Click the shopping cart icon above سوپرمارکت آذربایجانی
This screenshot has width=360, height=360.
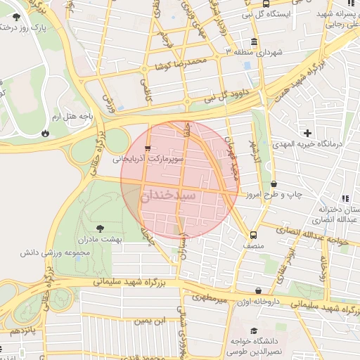click(147, 148)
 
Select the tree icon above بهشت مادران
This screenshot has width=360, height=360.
click(99, 227)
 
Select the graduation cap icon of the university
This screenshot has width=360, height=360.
click(254, 330)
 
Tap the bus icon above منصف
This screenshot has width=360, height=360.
click(253, 235)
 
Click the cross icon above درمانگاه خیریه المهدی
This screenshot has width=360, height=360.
click(307, 133)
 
